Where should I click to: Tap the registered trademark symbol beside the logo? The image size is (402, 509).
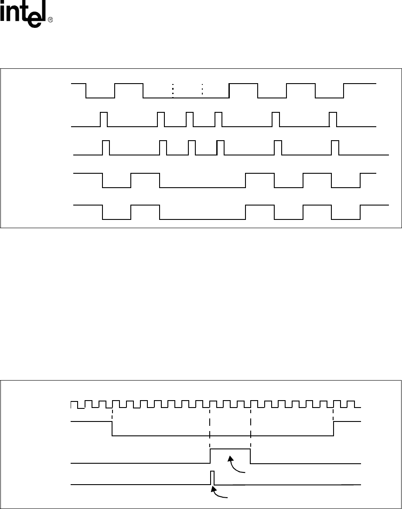50,20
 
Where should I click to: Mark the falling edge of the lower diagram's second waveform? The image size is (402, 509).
112,428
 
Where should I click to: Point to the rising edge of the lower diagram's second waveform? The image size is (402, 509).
334,428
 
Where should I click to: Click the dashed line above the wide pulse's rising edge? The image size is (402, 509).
210,425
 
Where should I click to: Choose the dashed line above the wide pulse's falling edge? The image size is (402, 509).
251,425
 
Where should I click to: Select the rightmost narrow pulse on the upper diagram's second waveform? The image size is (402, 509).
333,119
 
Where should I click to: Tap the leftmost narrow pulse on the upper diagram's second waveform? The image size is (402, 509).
104,119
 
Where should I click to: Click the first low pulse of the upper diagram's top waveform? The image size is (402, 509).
100,98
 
